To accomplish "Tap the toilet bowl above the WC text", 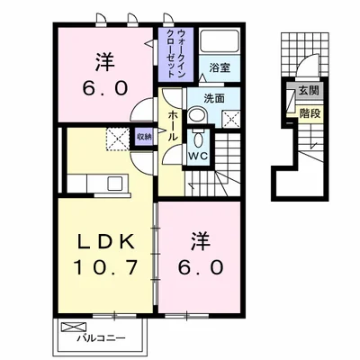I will [197, 137].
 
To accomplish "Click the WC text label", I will [197, 154].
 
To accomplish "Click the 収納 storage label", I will [144, 137].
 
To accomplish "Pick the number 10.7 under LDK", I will [103, 267].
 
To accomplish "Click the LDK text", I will [102, 240].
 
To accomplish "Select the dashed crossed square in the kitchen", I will [117, 139].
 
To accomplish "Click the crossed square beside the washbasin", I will [232, 117].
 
